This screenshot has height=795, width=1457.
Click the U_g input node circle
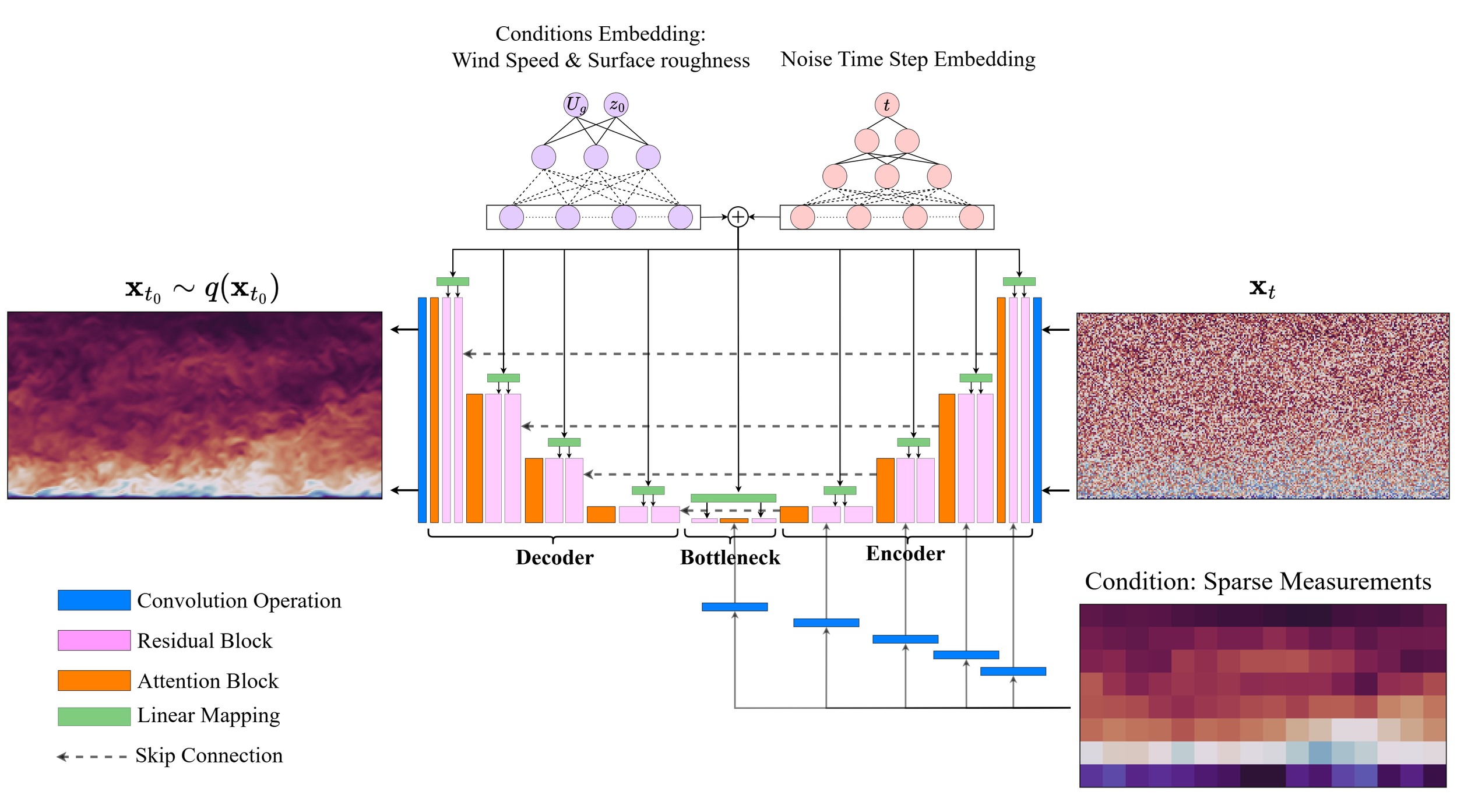pyautogui.click(x=576, y=105)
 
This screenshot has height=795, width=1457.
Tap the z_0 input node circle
pyautogui.click(x=616, y=105)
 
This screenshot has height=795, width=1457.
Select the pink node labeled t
pyautogui.click(x=887, y=105)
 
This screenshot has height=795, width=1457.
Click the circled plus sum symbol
pyautogui.click(x=738, y=217)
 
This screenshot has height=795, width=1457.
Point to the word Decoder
pyautogui.click(x=555, y=558)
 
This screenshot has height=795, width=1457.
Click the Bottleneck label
pyautogui.click(x=730, y=558)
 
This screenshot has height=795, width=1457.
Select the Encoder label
pyautogui.click(x=906, y=554)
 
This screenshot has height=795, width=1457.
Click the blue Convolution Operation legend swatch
pyautogui.click(x=94, y=600)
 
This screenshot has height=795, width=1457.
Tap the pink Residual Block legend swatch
pyautogui.click(x=94, y=641)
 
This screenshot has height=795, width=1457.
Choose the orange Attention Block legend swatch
pyautogui.click(x=94, y=681)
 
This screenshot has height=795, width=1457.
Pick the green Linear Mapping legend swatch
pyautogui.click(x=94, y=716)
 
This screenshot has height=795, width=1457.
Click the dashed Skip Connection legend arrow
pyautogui.click(x=91, y=757)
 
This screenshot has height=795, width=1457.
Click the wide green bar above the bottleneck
pyautogui.click(x=734, y=498)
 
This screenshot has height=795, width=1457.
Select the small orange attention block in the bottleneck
pyautogui.click(x=734, y=521)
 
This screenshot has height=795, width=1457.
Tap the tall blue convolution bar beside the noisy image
pyautogui.click(x=1037, y=410)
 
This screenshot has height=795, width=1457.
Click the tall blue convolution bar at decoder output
pyautogui.click(x=423, y=410)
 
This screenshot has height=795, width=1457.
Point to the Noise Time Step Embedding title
pyautogui.click(x=908, y=59)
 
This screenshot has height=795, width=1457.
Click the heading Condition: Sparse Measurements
pyautogui.click(x=1258, y=582)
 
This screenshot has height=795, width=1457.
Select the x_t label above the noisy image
pyautogui.click(x=1262, y=289)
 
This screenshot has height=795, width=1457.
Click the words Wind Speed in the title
pyautogui.click(x=505, y=61)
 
